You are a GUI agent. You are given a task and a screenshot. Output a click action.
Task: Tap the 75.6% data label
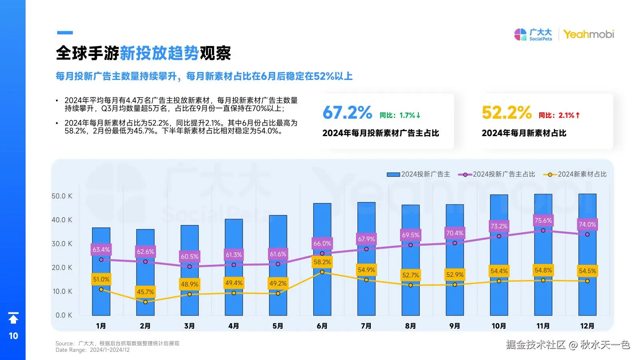coord(543,220)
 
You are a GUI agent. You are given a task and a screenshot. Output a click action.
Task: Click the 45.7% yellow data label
coord(145,292)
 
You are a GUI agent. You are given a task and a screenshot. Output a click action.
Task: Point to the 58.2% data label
coord(322,262)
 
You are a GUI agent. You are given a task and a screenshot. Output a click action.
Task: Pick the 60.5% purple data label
coord(190,256)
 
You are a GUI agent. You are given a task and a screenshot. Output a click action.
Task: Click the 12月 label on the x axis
coord(587,326)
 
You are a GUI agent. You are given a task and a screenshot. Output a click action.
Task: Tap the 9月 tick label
coord(454,326)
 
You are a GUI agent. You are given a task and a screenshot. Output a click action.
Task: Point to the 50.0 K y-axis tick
coord(62,196)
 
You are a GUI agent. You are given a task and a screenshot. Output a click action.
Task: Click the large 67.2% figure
coord(347,113)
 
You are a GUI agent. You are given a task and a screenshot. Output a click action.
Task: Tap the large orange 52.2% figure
coord(506,113)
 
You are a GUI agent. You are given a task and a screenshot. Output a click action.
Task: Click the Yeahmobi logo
coord(588,35)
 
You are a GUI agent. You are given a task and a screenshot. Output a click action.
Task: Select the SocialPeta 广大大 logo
coord(533,35)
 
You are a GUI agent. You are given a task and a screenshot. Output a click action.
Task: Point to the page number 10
coord(13,336)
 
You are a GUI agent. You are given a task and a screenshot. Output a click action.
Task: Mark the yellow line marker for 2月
coord(145,302)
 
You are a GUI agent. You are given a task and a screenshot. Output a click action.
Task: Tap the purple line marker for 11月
coord(543,230)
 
